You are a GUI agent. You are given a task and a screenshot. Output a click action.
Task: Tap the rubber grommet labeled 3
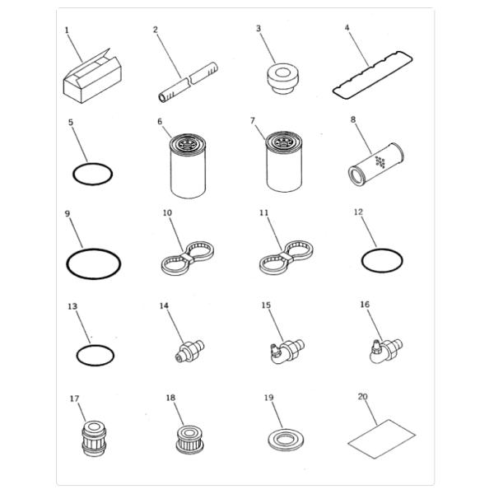(x=283, y=78)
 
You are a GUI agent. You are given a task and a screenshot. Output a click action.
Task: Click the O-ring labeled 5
(x=73, y=175)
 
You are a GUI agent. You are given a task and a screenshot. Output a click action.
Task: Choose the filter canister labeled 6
(x=188, y=166)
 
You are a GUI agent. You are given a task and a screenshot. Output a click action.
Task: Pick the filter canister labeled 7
(x=284, y=162)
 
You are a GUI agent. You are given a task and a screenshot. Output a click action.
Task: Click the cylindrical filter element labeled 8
(x=376, y=164)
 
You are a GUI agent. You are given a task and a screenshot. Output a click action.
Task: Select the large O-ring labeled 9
(x=67, y=264)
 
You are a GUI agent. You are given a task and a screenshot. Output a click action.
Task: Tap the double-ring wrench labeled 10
(x=188, y=258)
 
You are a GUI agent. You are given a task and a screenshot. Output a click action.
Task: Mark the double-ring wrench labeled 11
(x=287, y=257)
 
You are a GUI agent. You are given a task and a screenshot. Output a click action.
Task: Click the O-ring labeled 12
(x=362, y=261)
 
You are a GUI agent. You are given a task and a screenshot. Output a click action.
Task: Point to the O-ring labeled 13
(x=77, y=356)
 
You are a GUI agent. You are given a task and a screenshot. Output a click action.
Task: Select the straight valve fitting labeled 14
(x=189, y=352)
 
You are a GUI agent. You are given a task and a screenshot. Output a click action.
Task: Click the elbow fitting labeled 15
(x=287, y=352)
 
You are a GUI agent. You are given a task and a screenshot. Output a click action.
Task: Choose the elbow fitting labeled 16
(x=386, y=351)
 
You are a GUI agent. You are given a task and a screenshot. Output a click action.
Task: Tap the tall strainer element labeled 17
(x=94, y=438)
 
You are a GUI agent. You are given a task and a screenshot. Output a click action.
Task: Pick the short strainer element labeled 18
(x=189, y=440)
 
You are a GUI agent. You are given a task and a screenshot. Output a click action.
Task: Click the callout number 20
(x=362, y=396)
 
